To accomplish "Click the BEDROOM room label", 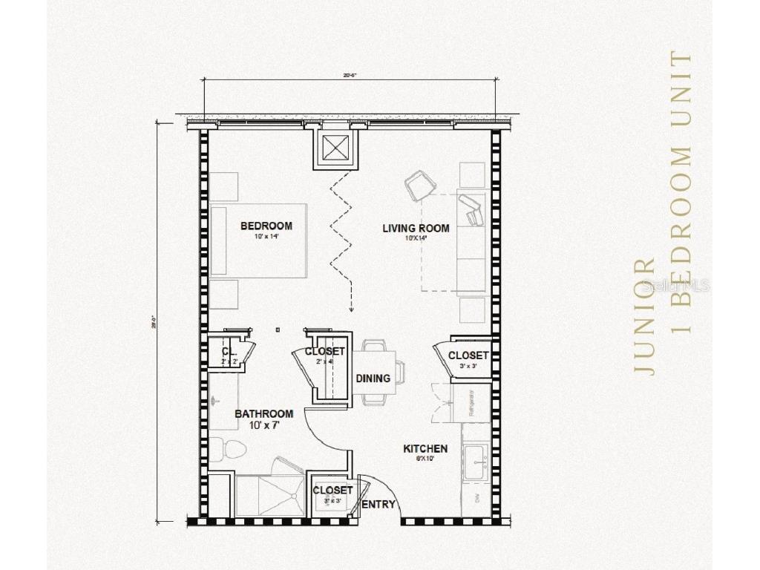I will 266,226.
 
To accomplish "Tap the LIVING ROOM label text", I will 416,229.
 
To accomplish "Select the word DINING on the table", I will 373,379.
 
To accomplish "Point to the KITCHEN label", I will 425,449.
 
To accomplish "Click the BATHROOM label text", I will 263,414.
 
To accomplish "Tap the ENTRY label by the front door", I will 379,505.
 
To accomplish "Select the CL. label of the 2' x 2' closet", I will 229,350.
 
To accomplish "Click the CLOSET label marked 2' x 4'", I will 324,351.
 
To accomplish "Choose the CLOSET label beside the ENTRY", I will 332,491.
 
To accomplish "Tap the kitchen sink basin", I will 476,463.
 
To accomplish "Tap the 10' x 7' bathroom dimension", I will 263,426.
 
